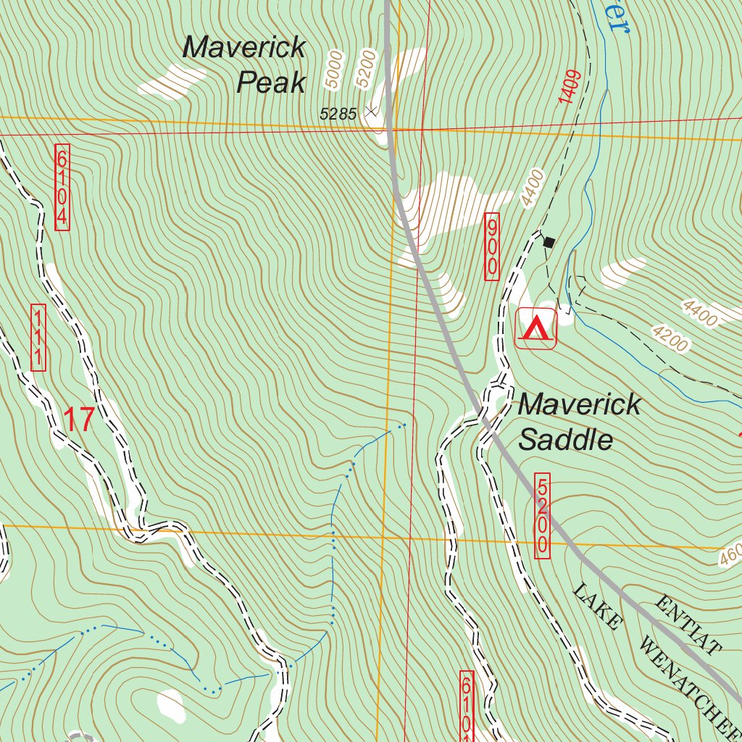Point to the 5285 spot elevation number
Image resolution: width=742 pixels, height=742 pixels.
[x=338, y=113]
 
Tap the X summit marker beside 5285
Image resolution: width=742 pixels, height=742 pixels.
[x=372, y=112]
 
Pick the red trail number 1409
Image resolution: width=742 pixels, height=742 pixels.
[x=570, y=88]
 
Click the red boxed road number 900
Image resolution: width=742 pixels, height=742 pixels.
[x=493, y=246]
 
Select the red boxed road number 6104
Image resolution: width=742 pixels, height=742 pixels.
[x=62, y=188]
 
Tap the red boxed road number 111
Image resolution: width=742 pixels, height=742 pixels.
[x=38, y=338]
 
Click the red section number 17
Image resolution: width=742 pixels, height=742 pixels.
[x=80, y=420]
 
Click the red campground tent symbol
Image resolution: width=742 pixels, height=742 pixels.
[x=535, y=328]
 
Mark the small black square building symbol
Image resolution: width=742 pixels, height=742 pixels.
[x=549, y=242]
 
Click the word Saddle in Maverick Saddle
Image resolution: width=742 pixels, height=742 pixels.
[x=567, y=440]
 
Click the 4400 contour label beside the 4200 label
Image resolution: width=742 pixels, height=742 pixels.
[x=699, y=313]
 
